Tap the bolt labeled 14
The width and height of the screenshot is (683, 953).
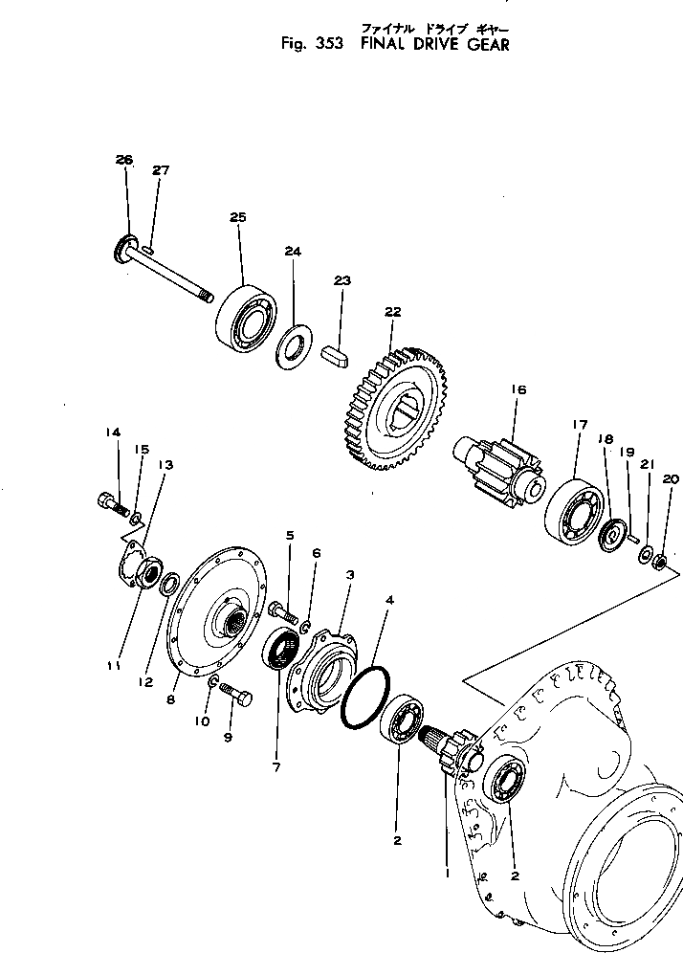112,501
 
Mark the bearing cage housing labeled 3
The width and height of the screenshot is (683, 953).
323,669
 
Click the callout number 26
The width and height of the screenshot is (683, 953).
124,161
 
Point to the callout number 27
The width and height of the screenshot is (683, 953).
160,171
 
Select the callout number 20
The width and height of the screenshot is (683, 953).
669,479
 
